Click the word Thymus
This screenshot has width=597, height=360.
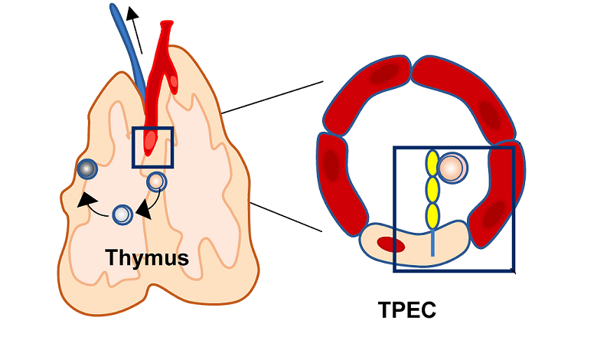point(147,257)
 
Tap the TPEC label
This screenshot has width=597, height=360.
point(406,310)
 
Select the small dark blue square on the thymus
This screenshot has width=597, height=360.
point(153,147)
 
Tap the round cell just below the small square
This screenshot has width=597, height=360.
point(156,182)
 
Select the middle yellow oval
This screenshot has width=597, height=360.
point(432,188)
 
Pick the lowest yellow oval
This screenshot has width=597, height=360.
point(432,213)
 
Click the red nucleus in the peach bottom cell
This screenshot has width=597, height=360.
point(390,245)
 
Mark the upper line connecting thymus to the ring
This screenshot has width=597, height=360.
point(272,97)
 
